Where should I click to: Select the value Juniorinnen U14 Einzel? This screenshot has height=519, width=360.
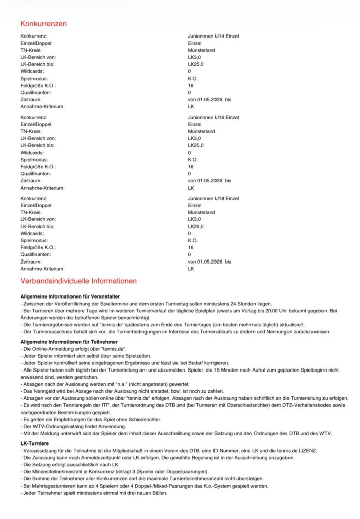coord(213,36)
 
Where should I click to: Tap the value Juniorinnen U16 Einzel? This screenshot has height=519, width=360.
coord(213,117)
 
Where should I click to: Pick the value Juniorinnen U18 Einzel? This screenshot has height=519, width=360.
coord(213,198)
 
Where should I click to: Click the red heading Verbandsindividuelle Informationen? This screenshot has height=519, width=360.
coord(79,281)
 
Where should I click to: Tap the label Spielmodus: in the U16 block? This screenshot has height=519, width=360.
coord(34,160)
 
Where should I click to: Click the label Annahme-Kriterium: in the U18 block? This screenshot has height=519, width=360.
coord(43,269)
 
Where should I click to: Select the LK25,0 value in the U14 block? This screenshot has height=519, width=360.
coord(196,64)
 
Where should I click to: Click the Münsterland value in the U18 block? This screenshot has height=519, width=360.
coord(201,212)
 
